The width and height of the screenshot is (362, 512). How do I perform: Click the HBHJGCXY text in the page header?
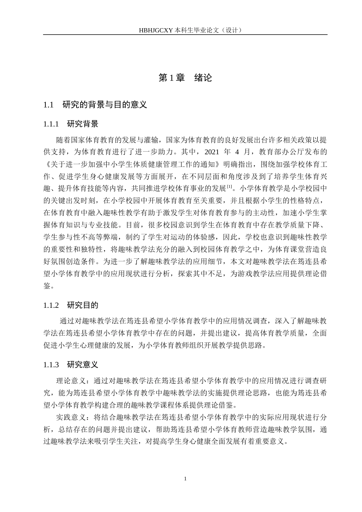coord(156,30)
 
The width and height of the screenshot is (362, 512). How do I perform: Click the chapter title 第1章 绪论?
coord(185,78)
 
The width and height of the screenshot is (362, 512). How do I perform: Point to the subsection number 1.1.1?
coord(51,124)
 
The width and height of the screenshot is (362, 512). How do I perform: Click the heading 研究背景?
coord(83,124)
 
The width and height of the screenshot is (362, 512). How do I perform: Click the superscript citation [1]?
coord(229,186)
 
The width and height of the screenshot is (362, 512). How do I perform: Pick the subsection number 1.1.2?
coord(51,305)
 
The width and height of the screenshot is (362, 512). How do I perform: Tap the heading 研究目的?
coord(83,305)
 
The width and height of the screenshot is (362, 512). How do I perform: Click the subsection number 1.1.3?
coord(51,365)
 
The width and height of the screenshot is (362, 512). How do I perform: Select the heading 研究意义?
coord(83,365)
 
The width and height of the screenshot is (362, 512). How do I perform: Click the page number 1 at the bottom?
coord(185,478)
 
